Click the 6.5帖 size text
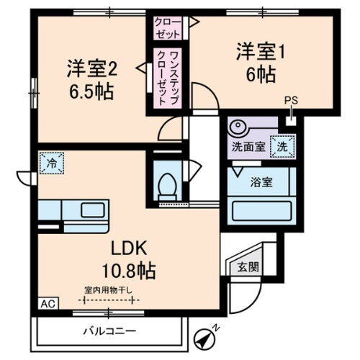pos(92,92)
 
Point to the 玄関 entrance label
pos(246,266)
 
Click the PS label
pos(289,102)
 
